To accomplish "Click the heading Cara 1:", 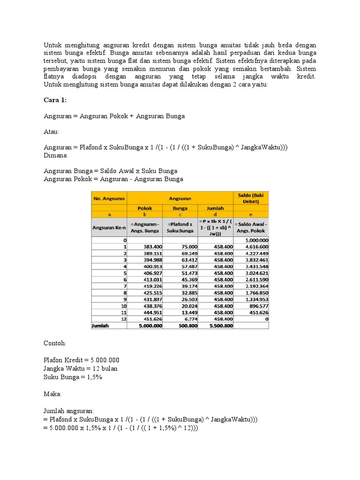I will [x=55, y=100].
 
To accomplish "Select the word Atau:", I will [x=52, y=132].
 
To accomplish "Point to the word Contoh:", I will [x=55, y=344].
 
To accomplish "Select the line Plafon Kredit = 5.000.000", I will [x=81, y=360].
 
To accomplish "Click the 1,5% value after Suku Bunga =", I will [x=93, y=376].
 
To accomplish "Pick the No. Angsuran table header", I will [x=109, y=198].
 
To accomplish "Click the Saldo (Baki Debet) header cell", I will [x=251, y=198].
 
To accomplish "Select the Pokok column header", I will [x=145, y=208].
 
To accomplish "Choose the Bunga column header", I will [x=180, y=208].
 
